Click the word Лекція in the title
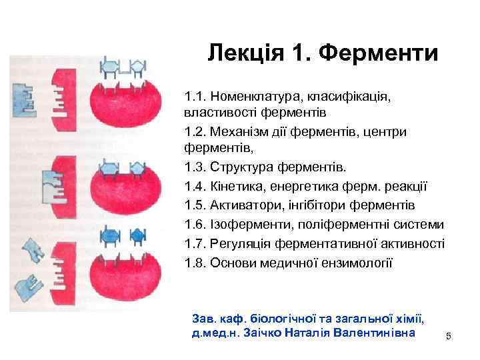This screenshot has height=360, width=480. point(243,53)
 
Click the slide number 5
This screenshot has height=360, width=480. point(449,337)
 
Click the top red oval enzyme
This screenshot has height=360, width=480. point(127,102)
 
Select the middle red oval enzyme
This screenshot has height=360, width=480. point(127,189)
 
